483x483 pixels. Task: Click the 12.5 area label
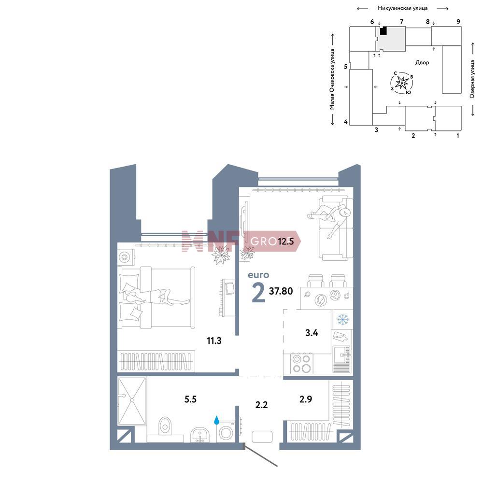click(285, 241)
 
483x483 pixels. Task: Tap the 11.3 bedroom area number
click(214, 341)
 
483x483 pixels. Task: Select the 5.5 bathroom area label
click(190, 399)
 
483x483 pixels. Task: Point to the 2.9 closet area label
click(306, 399)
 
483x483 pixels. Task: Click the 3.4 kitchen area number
click(312, 333)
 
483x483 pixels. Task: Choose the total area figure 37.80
click(281, 291)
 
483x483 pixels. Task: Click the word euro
click(258, 275)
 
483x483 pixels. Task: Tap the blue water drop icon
click(216, 420)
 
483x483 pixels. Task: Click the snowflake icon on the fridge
click(342, 319)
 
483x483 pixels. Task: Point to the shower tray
click(132, 401)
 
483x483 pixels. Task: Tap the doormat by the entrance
click(262, 437)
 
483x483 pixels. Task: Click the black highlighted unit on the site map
click(383, 30)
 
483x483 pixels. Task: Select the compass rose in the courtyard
click(402, 83)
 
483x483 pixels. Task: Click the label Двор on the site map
click(422, 62)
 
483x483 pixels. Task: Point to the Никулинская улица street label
click(403, 8)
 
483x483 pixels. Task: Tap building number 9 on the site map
click(458, 22)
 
